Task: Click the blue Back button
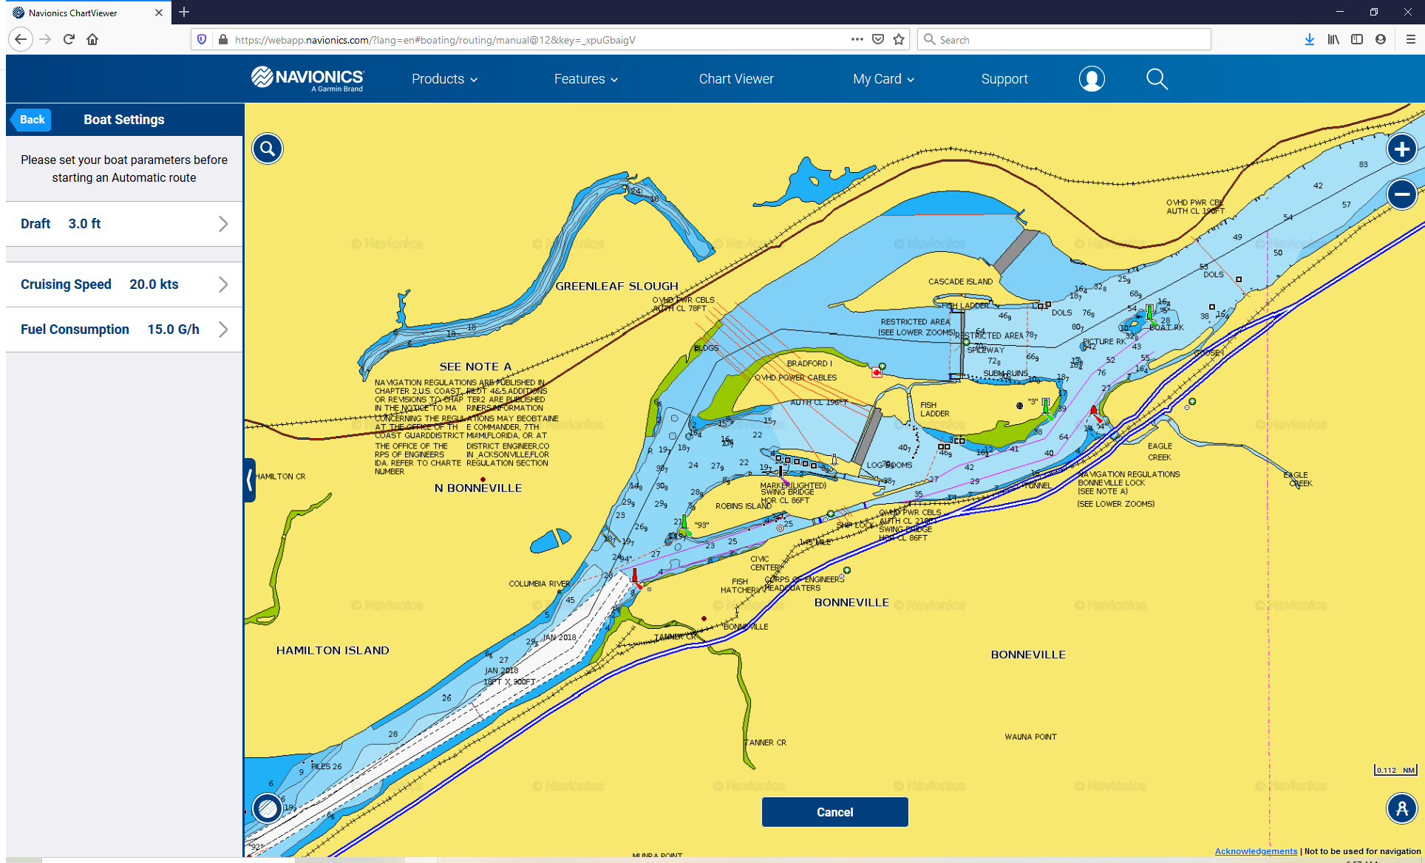click(32, 120)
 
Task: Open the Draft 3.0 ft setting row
click(124, 224)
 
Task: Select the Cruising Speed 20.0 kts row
click(124, 284)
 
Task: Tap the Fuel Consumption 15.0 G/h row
click(124, 330)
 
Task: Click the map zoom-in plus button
click(1401, 149)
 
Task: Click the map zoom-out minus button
click(1401, 194)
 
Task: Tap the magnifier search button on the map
click(268, 149)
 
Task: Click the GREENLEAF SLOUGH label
click(616, 287)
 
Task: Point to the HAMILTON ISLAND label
click(333, 651)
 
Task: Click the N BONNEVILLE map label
click(478, 488)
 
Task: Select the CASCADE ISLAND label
click(960, 282)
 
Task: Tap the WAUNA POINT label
click(1030, 737)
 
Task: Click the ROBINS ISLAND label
click(744, 506)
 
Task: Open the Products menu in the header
click(444, 79)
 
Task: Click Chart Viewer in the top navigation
click(736, 79)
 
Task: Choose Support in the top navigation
click(1004, 79)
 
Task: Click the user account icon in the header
click(1092, 79)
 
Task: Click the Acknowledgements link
click(1256, 851)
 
